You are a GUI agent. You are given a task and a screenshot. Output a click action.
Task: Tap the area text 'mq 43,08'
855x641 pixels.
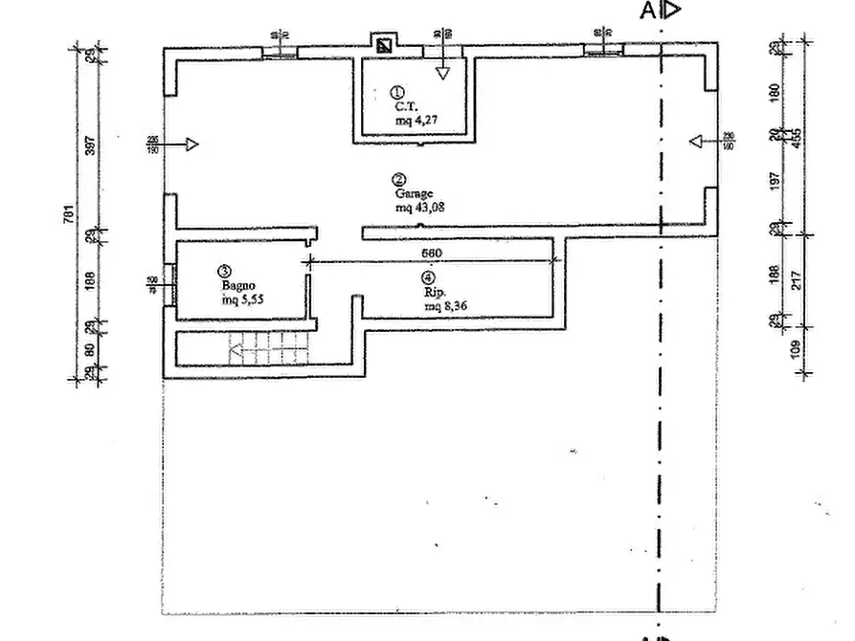coord(419,206)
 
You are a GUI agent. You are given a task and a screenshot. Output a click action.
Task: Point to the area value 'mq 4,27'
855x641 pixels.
coord(416,122)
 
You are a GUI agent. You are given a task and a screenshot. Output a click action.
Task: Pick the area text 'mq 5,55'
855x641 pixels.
coord(242,299)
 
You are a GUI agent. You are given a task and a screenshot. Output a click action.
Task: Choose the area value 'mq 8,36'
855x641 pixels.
coord(446,306)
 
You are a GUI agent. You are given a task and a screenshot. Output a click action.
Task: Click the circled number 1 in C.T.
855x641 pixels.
coord(397,93)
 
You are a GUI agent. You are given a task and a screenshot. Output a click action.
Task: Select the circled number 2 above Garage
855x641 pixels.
coord(397,179)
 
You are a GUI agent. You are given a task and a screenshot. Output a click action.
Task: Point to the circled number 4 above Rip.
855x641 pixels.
coord(428,278)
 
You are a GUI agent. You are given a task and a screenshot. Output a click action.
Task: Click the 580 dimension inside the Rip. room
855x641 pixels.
coord(432,254)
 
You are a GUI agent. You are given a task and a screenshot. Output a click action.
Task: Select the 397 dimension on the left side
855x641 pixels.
coord(90,145)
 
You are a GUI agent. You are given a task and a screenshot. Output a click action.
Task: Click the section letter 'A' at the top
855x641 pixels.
coord(648,11)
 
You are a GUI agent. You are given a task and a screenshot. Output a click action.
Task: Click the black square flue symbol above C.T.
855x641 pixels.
coord(385,45)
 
